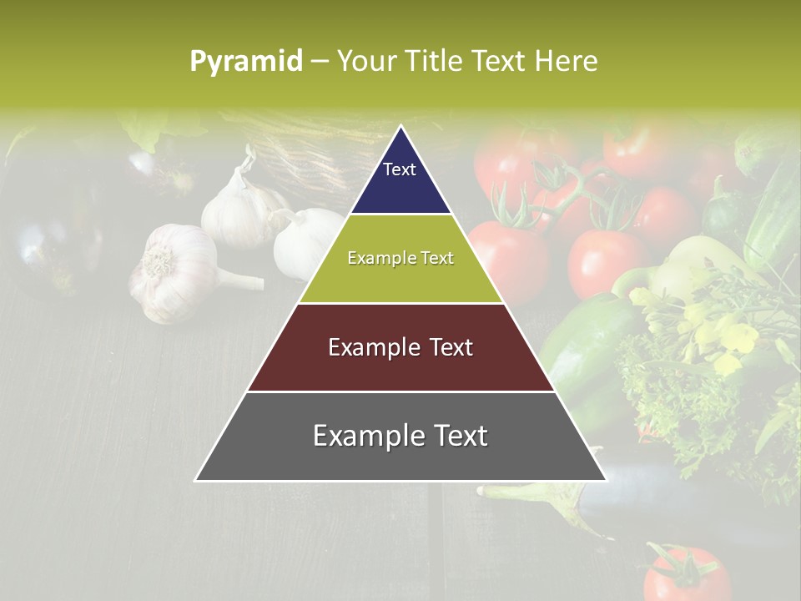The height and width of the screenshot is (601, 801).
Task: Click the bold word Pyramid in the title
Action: [x=245, y=62]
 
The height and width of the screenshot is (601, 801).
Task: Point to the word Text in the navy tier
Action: [x=400, y=169]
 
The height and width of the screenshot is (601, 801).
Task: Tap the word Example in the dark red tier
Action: [x=364, y=347]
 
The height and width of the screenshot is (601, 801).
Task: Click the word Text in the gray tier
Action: [x=454, y=436]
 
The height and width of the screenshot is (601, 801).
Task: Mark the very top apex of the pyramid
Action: [x=401, y=128]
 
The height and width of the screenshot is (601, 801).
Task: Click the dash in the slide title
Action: [x=320, y=62]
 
